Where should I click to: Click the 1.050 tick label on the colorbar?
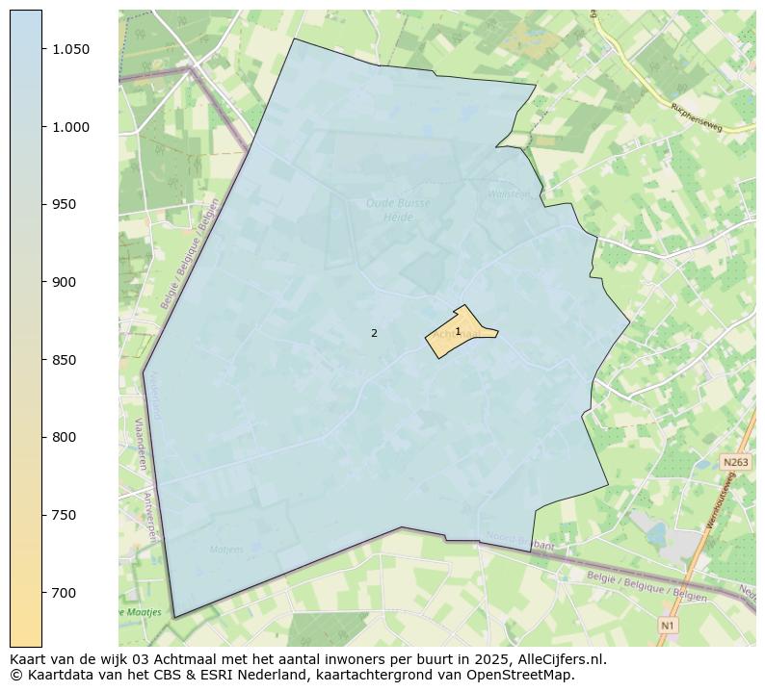[70, 49]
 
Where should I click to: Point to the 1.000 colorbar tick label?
[70, 127]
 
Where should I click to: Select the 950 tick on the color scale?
[63, 204]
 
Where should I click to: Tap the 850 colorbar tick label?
[63, 360]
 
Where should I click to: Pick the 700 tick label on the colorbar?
[63, 593]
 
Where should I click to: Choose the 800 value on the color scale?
[63, 437]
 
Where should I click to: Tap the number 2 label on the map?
[374, 334]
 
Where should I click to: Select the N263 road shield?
[735, 463]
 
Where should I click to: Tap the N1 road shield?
[667, 627]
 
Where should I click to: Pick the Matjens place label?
[227, 550]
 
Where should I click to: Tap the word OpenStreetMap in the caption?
[525, 675]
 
